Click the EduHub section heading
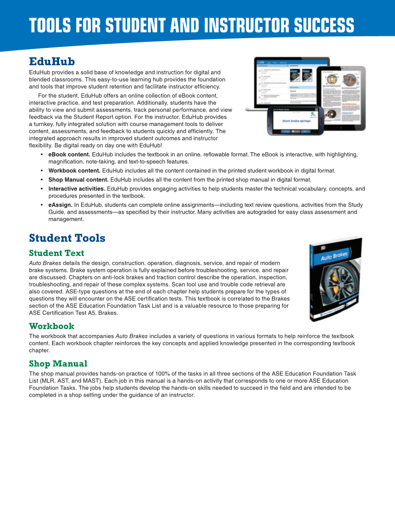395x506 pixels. coord(52,61)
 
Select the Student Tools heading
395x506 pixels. coord(67,238)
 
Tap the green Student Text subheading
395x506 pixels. coord(56,253)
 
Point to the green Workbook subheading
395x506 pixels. coord(51,326)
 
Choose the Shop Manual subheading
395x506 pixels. coord(58,364)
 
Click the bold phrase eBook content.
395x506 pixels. coord(69,154)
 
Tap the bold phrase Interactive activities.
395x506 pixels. coord(77,189)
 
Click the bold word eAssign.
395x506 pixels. coord(60,205)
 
